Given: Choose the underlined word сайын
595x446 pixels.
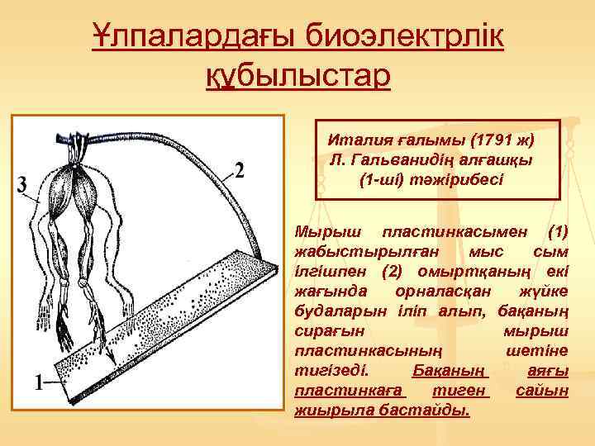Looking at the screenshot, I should [x=542, y=388].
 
